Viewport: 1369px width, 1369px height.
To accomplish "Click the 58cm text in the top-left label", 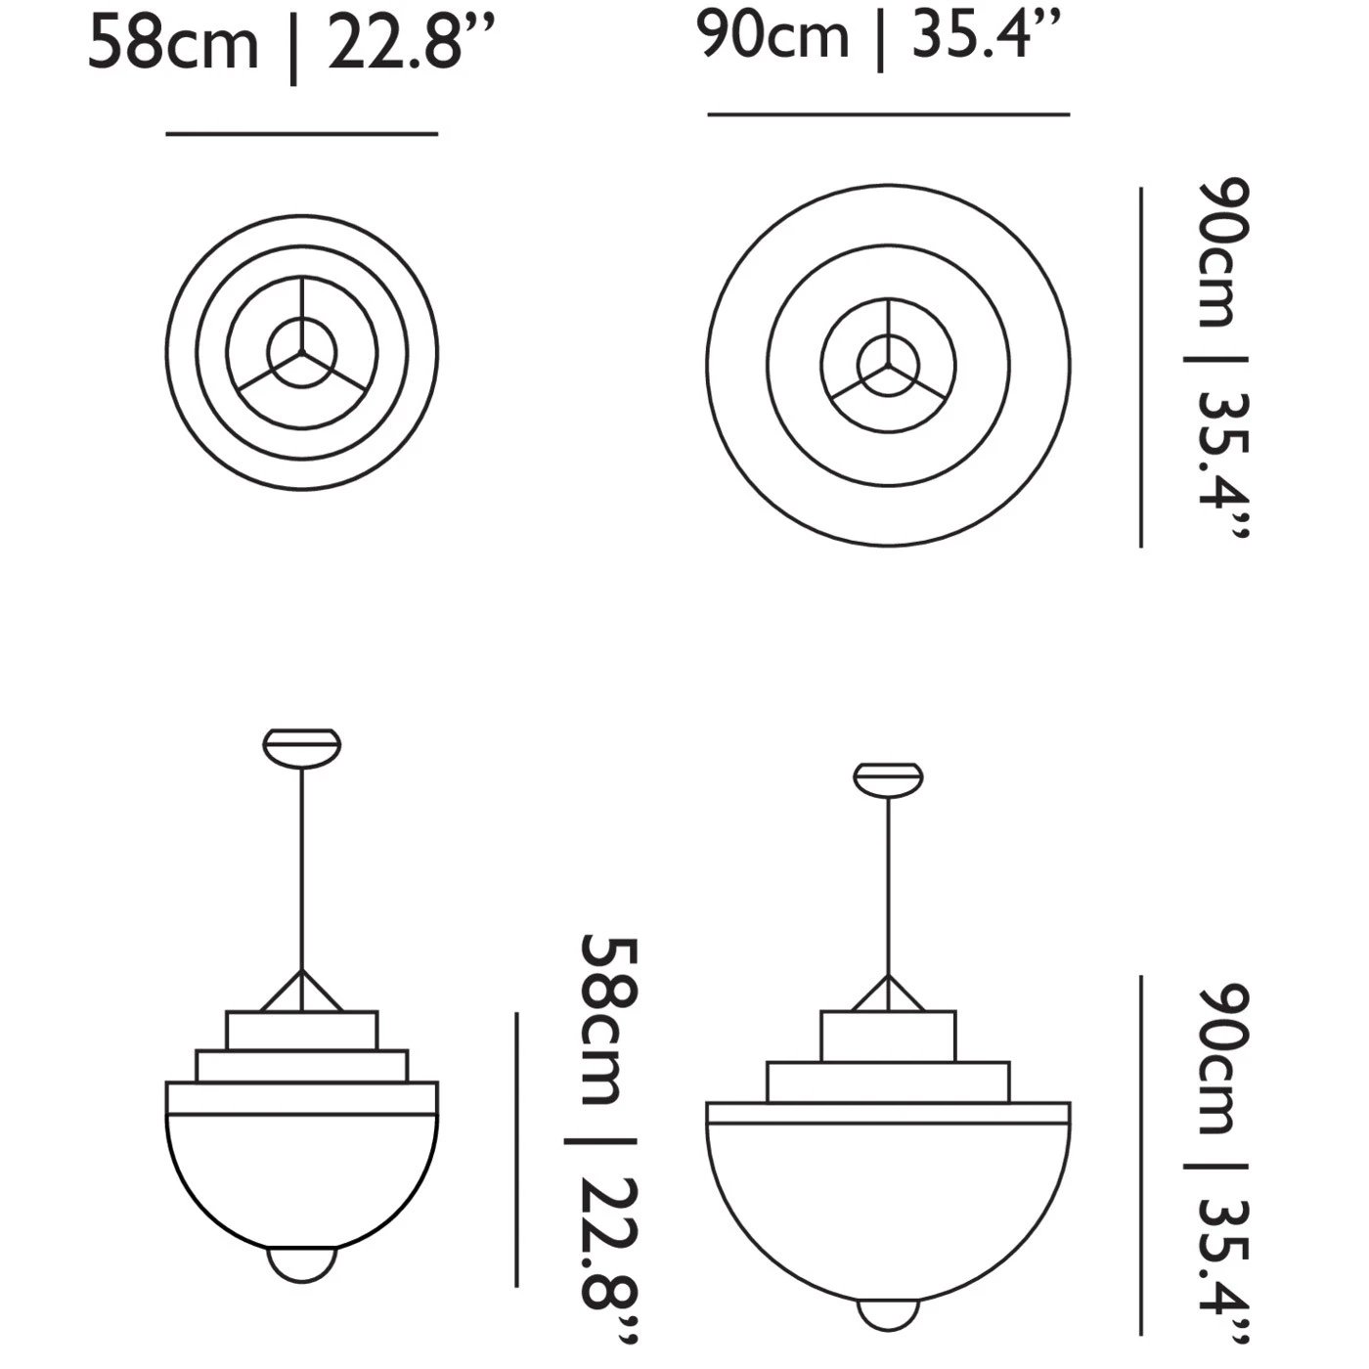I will coord(173,45).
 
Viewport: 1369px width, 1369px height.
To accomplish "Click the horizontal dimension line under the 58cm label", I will coord(301,134).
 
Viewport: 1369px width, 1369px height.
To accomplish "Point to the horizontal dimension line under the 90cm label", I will coord(888,114).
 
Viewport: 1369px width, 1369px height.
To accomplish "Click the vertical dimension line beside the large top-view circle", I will coord(1141,367).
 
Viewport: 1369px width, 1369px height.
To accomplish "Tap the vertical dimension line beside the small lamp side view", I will coord(516,1149).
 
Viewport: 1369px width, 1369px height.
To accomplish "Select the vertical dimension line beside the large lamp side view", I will coord(1141,1155).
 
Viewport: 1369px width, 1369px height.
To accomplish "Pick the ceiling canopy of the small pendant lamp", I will coord(302,745).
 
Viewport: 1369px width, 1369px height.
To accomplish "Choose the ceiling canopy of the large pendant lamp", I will coord(888,777).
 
